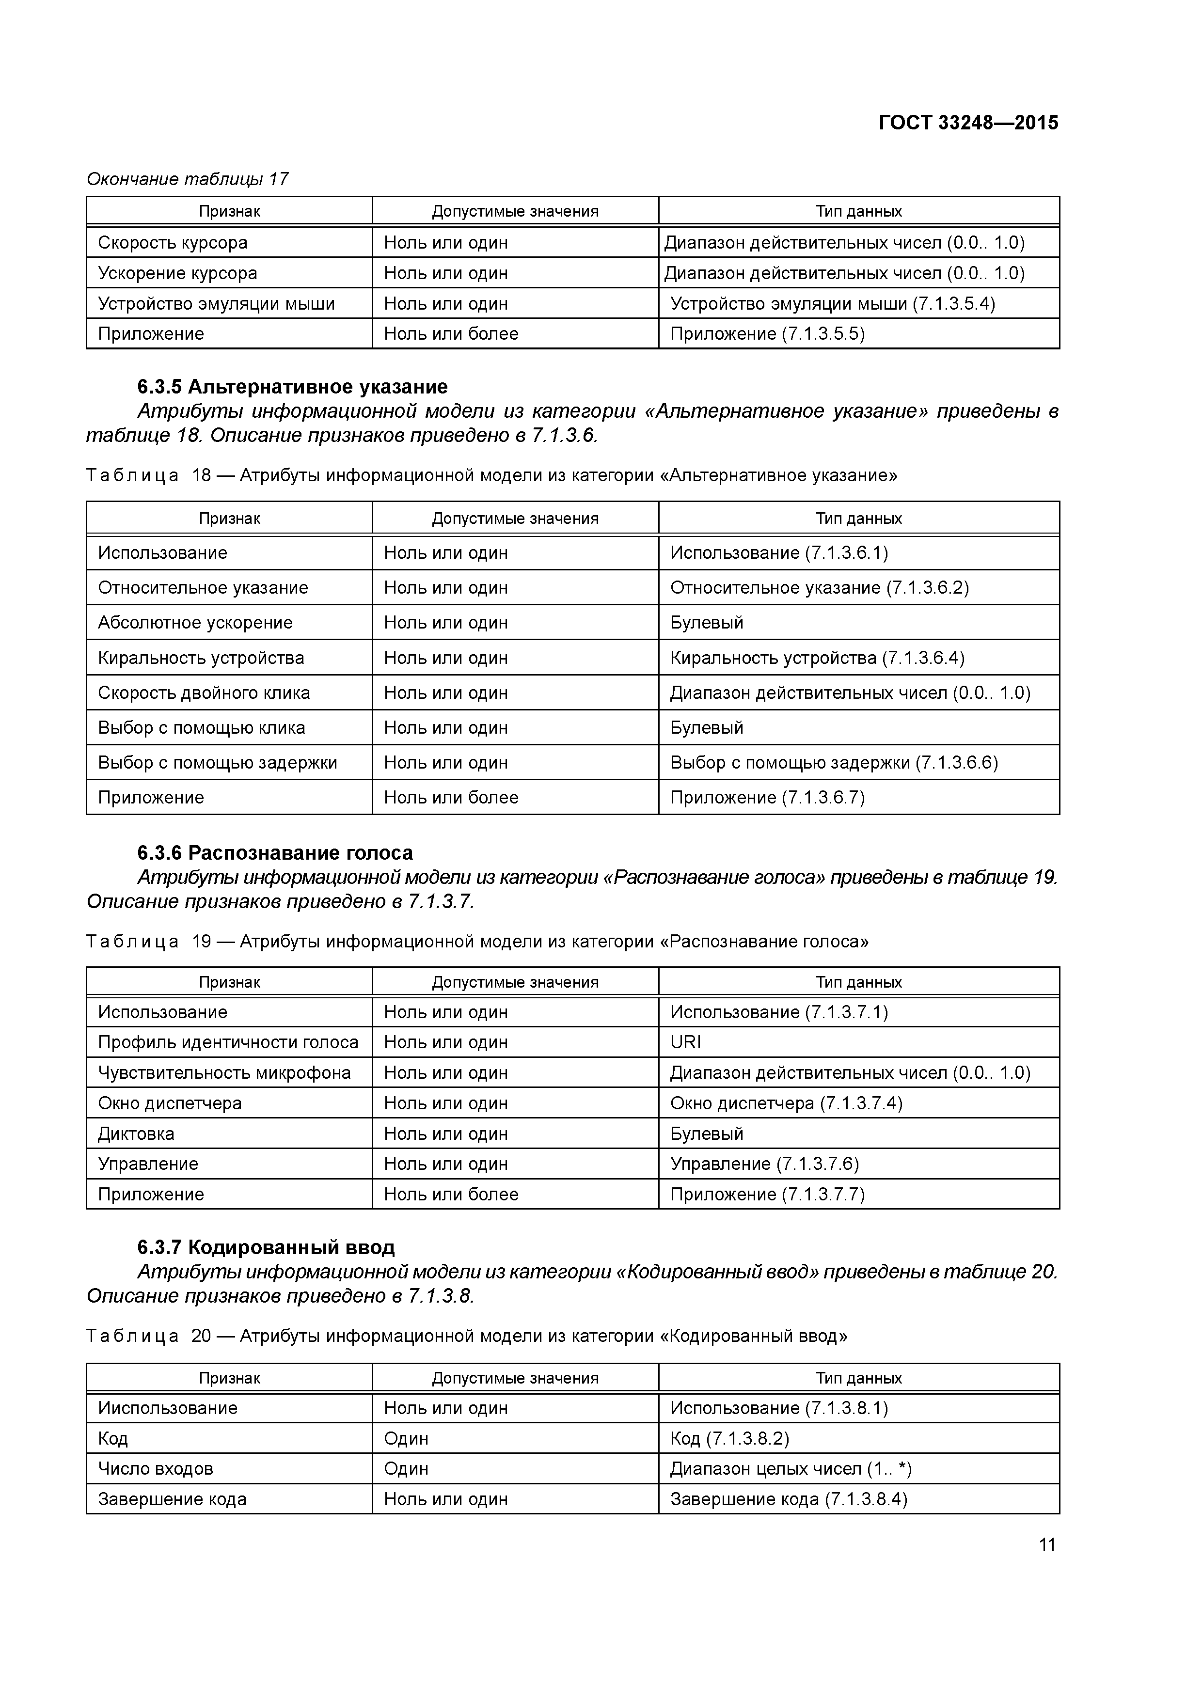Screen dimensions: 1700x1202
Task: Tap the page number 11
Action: tap(1046, 1544)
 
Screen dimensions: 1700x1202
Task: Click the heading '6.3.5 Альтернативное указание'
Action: tap(293, 387)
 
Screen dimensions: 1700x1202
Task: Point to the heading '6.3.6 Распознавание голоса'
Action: tap(275, 853)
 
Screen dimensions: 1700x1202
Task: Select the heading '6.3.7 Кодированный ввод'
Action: tap(266, 1247)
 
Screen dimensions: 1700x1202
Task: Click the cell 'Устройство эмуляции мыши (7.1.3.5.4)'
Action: tap(833, 303)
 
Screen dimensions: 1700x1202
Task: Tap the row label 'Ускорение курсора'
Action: tap(178, 273)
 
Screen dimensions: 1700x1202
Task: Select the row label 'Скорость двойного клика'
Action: tap(204, 693)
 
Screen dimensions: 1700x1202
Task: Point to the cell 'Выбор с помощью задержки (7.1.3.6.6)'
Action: tap(834, 763)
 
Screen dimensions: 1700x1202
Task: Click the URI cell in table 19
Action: tap(686, 1042)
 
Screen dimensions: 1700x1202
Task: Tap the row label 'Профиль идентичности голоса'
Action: tap(228, 1042)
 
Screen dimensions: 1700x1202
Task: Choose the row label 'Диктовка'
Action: tap(136, 1133)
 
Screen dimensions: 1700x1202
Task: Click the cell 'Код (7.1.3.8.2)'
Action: tap(729, 1438)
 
